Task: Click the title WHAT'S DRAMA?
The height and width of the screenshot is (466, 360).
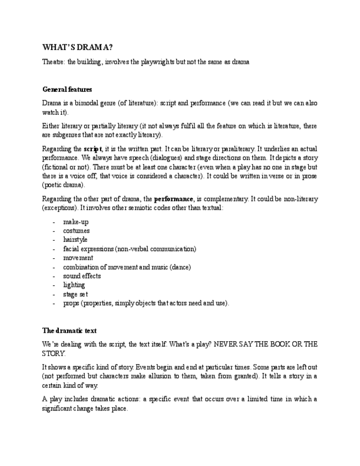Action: point(77,47)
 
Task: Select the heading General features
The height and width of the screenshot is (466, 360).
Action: point(67,89)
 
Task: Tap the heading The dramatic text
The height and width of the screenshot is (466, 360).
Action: point(69,330)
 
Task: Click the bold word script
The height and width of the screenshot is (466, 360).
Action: point(92,149)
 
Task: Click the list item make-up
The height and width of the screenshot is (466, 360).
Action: point(76,222)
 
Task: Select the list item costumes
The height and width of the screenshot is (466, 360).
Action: point(76,231)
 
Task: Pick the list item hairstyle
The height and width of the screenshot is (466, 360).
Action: point(75,240)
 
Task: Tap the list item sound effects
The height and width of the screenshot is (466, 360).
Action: point(82,276)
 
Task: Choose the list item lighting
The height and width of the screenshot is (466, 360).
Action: point(74,285)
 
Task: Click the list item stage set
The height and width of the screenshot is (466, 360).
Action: point(76,294)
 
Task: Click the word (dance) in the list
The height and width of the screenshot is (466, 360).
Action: point(179,267)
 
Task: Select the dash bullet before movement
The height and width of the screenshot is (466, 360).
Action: point(54,258)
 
